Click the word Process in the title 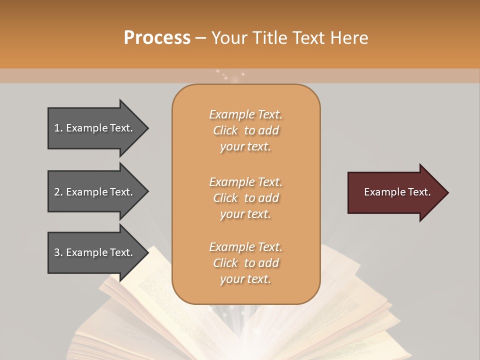tap(157, 37)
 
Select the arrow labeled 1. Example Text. tap(95, 128)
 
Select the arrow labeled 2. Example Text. tap(95, 192)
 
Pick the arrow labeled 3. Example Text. tap(95, 252)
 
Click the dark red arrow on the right tap(395, 192)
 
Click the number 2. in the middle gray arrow tap(58, 192)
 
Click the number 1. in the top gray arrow tap(58, 128)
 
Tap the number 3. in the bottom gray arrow tap(58, 252)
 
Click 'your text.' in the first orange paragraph tap(245, 147)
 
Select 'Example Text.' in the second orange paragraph tap(245, 181)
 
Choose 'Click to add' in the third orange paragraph tap(245, 263)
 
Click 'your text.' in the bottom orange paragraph tap(245, 279)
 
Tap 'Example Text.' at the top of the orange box tap(245, 114)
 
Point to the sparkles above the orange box tap(230, 75)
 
